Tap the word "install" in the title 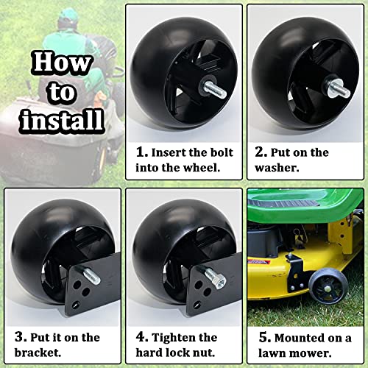pos(63,120)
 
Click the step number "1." pos(142,152)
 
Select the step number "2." pos(261,152)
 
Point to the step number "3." pos(21,337)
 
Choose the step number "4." pos(142,337)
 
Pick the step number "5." pos(265,338)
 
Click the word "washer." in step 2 pos(277,168)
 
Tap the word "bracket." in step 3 pos(38,353)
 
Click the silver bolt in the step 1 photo pos(213,89)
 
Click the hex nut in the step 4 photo pos(219,280)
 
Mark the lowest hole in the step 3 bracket pos(76,305)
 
